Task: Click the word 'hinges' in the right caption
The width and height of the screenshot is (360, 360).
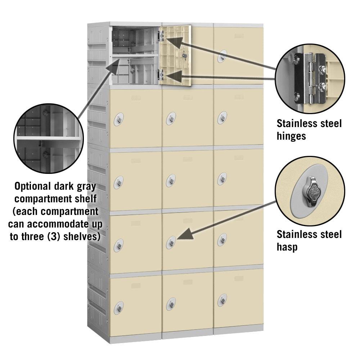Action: coord(291,136)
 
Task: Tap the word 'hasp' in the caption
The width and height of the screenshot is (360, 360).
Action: coord(287,247)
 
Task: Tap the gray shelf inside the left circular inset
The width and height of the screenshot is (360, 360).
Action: coord(47,138)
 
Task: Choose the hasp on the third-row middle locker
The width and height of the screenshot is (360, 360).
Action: coord(171,180)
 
